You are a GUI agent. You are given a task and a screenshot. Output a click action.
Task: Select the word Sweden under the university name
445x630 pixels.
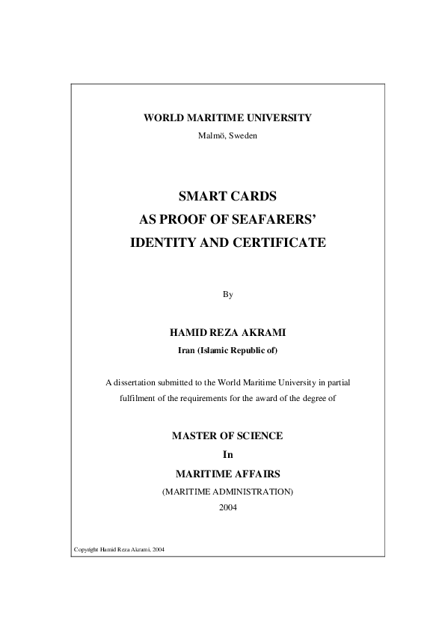click(243, 135)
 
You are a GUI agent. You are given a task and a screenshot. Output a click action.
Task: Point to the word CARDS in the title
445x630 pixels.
click(253, 198)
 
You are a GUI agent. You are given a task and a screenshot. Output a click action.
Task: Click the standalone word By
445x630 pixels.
click(228, 294)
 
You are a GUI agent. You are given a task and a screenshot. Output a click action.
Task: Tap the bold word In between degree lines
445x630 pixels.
click(228, 454)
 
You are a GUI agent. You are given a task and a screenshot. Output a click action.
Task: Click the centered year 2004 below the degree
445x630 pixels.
click(228, 507)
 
